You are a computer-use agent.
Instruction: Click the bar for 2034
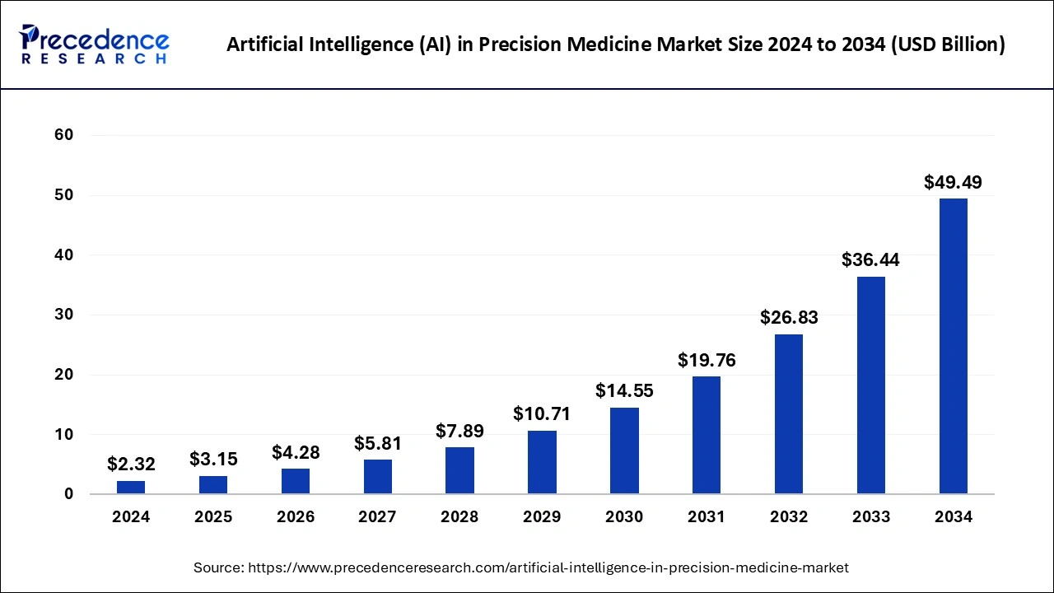click(953, 346)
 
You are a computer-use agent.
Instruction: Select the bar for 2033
click(871, 385)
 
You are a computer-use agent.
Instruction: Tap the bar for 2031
click(707, 435)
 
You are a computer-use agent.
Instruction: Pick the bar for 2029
click(542, 462)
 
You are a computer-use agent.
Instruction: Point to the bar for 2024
click(131, 487)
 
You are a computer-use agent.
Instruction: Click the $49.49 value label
click(953, 182)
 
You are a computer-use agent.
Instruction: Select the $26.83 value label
click(789, 317)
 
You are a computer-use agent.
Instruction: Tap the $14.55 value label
click(624, 390)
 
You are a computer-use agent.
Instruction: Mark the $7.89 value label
click(459, 431)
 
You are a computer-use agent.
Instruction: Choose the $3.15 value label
click(213, 459)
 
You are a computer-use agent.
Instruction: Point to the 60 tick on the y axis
click(63, 135)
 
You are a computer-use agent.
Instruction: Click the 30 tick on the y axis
click(63, 315)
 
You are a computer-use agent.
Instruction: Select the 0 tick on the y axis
click(68, 494)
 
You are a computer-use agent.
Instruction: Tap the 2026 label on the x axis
click(296, 517)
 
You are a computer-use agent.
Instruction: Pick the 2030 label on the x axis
click(624, 517)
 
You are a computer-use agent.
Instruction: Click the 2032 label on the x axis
click(789, 517)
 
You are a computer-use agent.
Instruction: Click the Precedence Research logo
click(95, 44)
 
